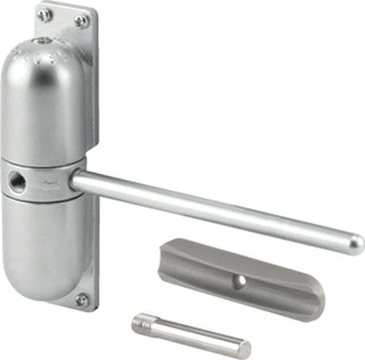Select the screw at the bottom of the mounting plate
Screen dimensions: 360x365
coord(81,299)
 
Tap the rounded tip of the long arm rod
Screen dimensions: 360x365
coord(355,243)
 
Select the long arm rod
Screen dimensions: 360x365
coord(214,211)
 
